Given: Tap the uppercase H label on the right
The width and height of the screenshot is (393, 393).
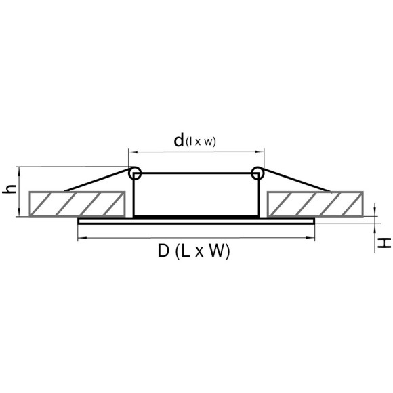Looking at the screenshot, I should tap(384, 242).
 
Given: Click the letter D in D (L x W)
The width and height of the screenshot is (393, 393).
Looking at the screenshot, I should tap(163, 251).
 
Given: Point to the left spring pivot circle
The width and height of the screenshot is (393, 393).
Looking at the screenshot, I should tap(136, 173).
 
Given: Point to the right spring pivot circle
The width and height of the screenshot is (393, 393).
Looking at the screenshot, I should tap(257, 173).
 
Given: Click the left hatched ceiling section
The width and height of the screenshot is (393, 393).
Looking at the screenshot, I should tap(78, 203).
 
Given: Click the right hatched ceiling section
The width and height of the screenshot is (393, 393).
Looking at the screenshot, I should tap(315, 203).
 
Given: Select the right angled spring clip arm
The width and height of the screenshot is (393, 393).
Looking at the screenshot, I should tap(295, 180).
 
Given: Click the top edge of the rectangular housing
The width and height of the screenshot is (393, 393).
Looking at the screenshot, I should tap(196, 174).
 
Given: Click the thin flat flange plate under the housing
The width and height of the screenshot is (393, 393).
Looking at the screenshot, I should tap(196, 222).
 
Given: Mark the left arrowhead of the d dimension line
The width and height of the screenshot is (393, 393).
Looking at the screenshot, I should tap(132, 151).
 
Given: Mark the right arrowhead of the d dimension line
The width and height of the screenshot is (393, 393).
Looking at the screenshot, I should tap(260, 151).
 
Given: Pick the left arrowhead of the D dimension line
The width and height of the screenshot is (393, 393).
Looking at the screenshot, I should tap(81, 238).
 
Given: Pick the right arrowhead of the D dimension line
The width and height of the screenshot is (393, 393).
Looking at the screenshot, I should tap(312, 238).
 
